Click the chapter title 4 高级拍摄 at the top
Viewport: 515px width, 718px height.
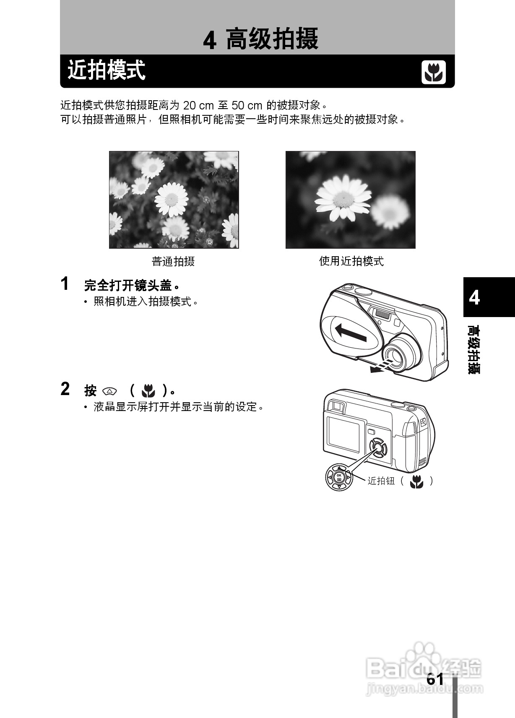(260, 39)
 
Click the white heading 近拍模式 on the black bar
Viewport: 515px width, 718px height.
(107, 70)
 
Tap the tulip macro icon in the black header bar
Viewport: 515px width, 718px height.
(433, 72)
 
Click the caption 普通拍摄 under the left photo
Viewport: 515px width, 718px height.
(173, 262)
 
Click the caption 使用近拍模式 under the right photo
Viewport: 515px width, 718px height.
(351, 261)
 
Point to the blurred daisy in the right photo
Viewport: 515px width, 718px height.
(390, 212)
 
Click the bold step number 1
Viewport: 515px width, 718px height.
(65, 284)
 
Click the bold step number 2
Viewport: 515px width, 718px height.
(65, 389)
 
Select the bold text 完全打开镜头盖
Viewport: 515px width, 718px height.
(128, 286)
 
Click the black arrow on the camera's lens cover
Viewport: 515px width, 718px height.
(351, 333)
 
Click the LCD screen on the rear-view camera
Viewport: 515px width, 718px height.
(343, 433)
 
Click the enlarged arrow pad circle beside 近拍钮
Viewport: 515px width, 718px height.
(339, 477)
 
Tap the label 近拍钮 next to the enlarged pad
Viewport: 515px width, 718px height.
(381, 481)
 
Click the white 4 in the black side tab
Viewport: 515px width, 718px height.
(474, 297)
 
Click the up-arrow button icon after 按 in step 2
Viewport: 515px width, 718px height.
(109, 391)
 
